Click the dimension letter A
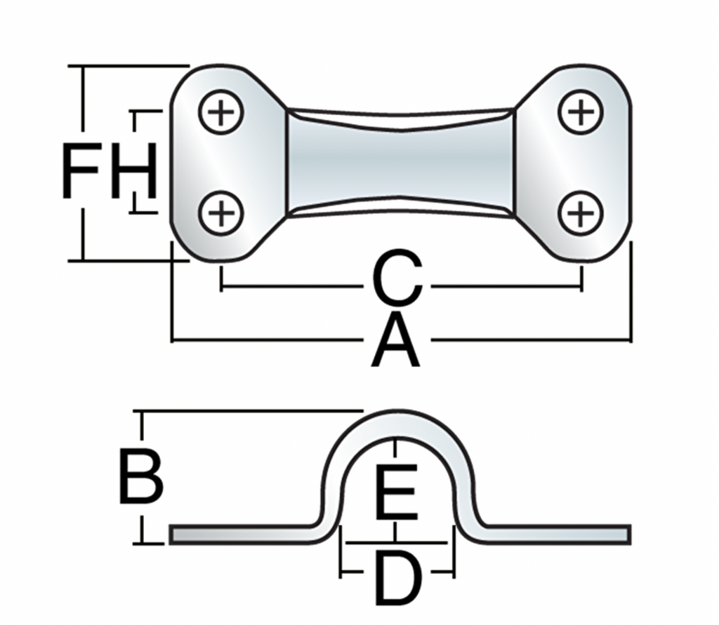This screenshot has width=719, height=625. click(396, 342)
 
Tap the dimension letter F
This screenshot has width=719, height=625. click(83, 170)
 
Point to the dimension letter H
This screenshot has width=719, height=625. click(133, 170)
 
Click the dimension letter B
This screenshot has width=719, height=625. click(140, 478)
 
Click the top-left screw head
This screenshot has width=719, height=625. click(220, 112)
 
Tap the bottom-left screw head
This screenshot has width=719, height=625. click(220, 213)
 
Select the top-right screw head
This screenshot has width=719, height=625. click(581, 112)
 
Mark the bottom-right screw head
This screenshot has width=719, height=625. click(581, 213)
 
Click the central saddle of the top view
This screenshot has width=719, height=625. click(400, 161)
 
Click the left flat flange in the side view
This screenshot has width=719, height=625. click(239, 534)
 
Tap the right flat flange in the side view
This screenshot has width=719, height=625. click(555, 534)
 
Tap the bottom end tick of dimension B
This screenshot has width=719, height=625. click(143, 542)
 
